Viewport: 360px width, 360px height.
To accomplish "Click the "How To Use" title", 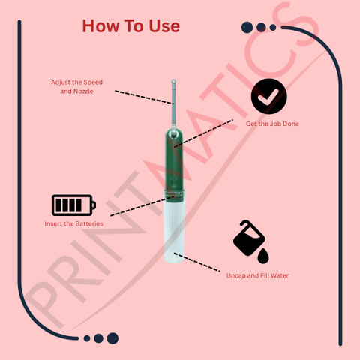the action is point(131,26).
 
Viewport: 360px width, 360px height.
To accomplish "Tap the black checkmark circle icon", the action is point(269,96).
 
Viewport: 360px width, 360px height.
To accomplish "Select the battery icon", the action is point(73,205).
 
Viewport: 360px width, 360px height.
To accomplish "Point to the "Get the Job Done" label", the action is point(272,124).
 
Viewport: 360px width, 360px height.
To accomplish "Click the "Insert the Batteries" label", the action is point(73,223).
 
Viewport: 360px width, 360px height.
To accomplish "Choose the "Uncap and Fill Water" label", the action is point(257,275).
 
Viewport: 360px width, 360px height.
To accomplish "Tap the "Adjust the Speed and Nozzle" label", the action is point(76,86).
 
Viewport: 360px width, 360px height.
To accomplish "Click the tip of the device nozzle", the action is point(173,81).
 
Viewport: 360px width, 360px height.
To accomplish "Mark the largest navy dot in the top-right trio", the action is point(247,27).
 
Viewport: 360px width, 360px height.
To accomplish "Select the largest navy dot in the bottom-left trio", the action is point(112,338).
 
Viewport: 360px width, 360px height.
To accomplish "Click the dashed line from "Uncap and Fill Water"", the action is point(197,262).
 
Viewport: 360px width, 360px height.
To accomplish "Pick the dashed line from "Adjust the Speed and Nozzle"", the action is point(144,97).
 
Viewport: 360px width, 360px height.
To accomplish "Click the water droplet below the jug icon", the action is point(263,256).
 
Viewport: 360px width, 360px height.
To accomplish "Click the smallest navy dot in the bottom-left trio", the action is point(87,338).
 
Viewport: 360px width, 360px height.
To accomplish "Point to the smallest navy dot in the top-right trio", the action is point(273,27).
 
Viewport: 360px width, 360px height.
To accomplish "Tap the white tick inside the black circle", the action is point(268,97).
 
